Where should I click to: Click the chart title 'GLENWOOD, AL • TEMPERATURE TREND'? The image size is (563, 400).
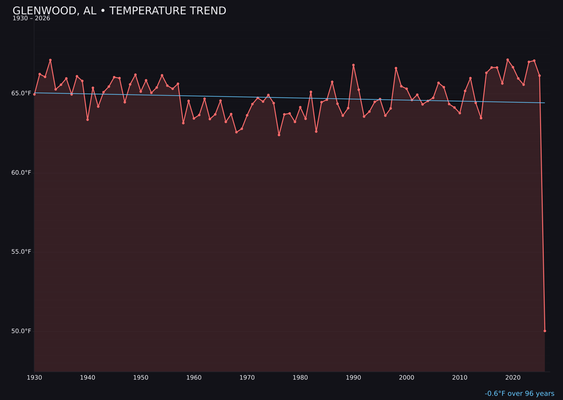[119, 11]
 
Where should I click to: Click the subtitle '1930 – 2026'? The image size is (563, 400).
[31, 19]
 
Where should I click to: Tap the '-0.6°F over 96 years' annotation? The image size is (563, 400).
[519, 394]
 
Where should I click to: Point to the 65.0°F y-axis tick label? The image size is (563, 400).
[21, 93]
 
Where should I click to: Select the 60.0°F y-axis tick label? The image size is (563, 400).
[21, 172]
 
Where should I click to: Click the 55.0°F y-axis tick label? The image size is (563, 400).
[21, 252]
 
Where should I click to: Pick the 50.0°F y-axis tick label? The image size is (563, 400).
[21, 331]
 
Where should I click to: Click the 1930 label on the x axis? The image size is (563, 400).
[34, 378]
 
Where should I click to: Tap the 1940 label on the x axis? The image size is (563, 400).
[88, 378]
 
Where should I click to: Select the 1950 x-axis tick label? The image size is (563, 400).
[141, 378]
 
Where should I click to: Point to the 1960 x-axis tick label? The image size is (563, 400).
[194, 378]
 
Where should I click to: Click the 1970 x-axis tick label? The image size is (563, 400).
[247, 378]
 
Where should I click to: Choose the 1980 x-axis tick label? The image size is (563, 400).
[300, 378]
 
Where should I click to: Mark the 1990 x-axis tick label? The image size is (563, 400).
[353, 378]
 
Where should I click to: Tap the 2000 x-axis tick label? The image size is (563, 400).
[407, 378]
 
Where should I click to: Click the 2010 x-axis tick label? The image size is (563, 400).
[460, 378]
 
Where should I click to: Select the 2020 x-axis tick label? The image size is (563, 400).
[513, 378]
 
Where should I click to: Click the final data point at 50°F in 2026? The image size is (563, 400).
[545, 331]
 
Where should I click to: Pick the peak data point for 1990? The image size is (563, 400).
[353, 65]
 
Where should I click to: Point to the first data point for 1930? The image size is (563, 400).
[34, 94]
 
